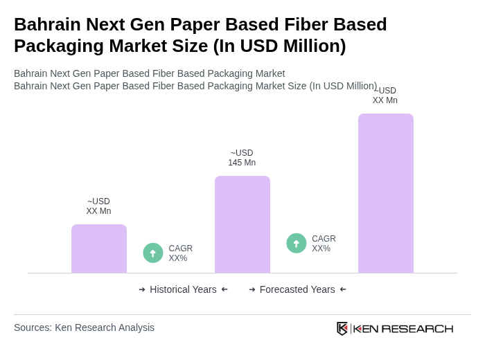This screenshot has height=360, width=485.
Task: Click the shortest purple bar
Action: [x=99, y=249]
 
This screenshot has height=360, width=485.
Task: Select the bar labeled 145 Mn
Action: [x=242, y=224]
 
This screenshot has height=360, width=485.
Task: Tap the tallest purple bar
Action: [x=386, y=193]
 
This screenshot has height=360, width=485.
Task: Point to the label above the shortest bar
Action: [x=98, y=206]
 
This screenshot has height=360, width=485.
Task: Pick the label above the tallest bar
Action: [x=385, y=96]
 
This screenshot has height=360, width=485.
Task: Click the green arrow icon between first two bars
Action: [x=153, y=253]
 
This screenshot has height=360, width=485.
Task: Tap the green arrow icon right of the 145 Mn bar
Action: [x=297, y=243]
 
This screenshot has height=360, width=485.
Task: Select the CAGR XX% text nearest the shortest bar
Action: [x=180, y=253]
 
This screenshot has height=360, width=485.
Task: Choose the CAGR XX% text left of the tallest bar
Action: [x=324, y=244]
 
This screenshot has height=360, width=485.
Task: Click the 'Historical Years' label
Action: [x=183, y=289]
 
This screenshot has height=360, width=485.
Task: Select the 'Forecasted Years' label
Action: [x=297, y=289]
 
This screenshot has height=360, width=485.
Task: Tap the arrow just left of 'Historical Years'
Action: [x=142, y=289]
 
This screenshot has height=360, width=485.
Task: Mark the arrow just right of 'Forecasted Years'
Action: [x=343, y=289]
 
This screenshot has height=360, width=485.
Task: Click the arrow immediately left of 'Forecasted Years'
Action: [x=252, y=289]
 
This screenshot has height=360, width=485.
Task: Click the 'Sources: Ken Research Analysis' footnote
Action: [x=84, y=327]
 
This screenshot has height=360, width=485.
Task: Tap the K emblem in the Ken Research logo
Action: [x=342, y=328]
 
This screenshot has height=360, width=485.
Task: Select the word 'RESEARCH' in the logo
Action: [x=417, y=328]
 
